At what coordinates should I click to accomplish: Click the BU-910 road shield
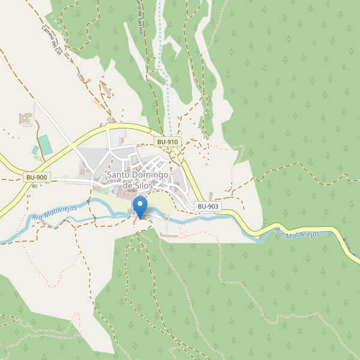point(167,142)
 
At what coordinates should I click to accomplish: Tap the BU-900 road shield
point(37,178)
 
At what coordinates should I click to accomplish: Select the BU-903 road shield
point(208,206)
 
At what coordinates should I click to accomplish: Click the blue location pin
point(140,207)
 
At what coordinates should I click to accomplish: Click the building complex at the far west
point(25,119)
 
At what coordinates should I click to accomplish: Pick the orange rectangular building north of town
point(97,104)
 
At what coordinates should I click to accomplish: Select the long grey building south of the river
point(169,236)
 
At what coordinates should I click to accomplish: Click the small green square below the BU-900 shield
point(34,186)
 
